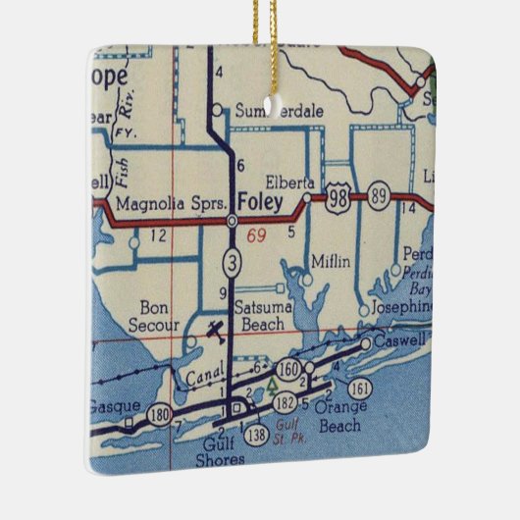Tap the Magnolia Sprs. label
pyautogui.click(x=172, y=203)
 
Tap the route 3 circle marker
pyautogui.click(x=231, y=262)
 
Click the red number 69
pyautogui.click(x=258, y=235)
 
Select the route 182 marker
pyautogui.click(x=285, y=401)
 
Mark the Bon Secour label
pyautogui.click(x=156, y=316)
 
